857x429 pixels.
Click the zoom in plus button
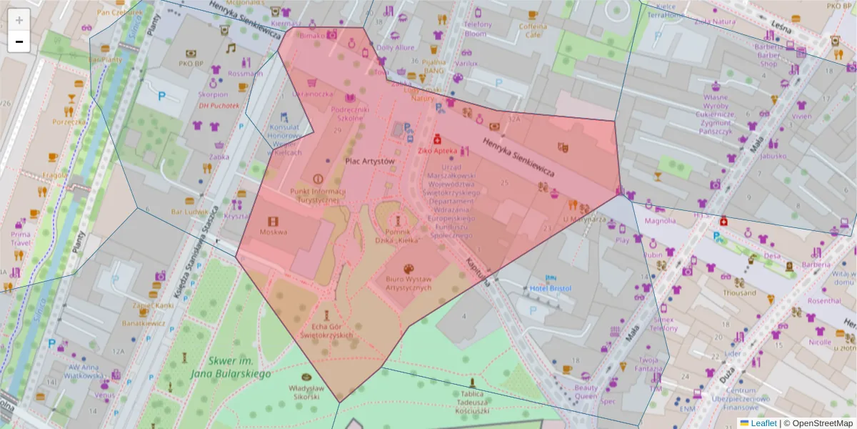pyautogui.click(x=19, y=19)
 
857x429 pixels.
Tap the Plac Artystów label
pyautogui.click(x=369, y=162)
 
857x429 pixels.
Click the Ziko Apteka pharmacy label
pyautogui.click(x=436, y=152)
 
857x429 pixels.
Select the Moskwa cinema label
pyautogui.click(x=274, y=232)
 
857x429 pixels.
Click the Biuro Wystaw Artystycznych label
pyautogui.click(x=409, y=283)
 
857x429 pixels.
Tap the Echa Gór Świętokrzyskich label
pyautogui.click(x=326, y=330)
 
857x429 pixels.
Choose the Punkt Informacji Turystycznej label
pyautogui.click(x=318, y=196)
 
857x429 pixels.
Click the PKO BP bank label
pyautogui.click(x=191, y=64)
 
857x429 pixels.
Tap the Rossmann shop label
pyautogui.click(x=246, y=74)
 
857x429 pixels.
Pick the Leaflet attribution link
pyautogui.click(x=763, y=423)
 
